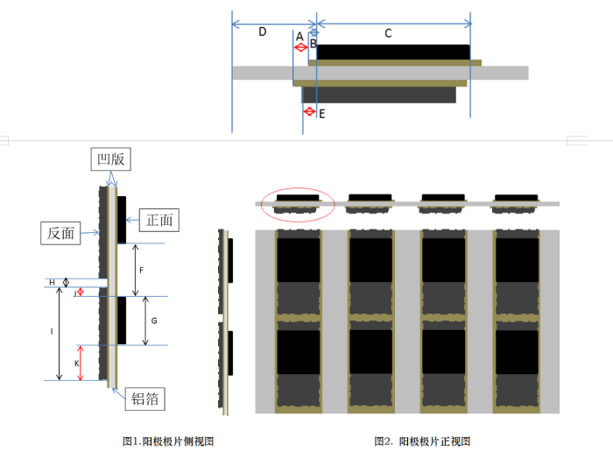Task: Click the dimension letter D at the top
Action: click(x=262, y=32)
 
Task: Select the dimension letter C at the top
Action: click(x=388, y=33)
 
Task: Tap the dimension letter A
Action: click(x=299, y=37)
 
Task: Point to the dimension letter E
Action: click(x=321, y=114)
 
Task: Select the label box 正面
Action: click(x=159, y=220)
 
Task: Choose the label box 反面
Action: click(x=61, y=233)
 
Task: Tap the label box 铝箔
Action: click(x=144, y=398)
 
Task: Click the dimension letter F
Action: click(x=142, y=271)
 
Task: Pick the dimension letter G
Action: click(x=153, y=321)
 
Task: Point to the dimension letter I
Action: click(x=52, y=331)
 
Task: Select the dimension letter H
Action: click(x=52, y=282)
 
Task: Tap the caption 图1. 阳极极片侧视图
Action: click(x=168, y=441)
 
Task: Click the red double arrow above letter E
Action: click(x=308, y=111)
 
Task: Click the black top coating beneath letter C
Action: click(x=393, y=53)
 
